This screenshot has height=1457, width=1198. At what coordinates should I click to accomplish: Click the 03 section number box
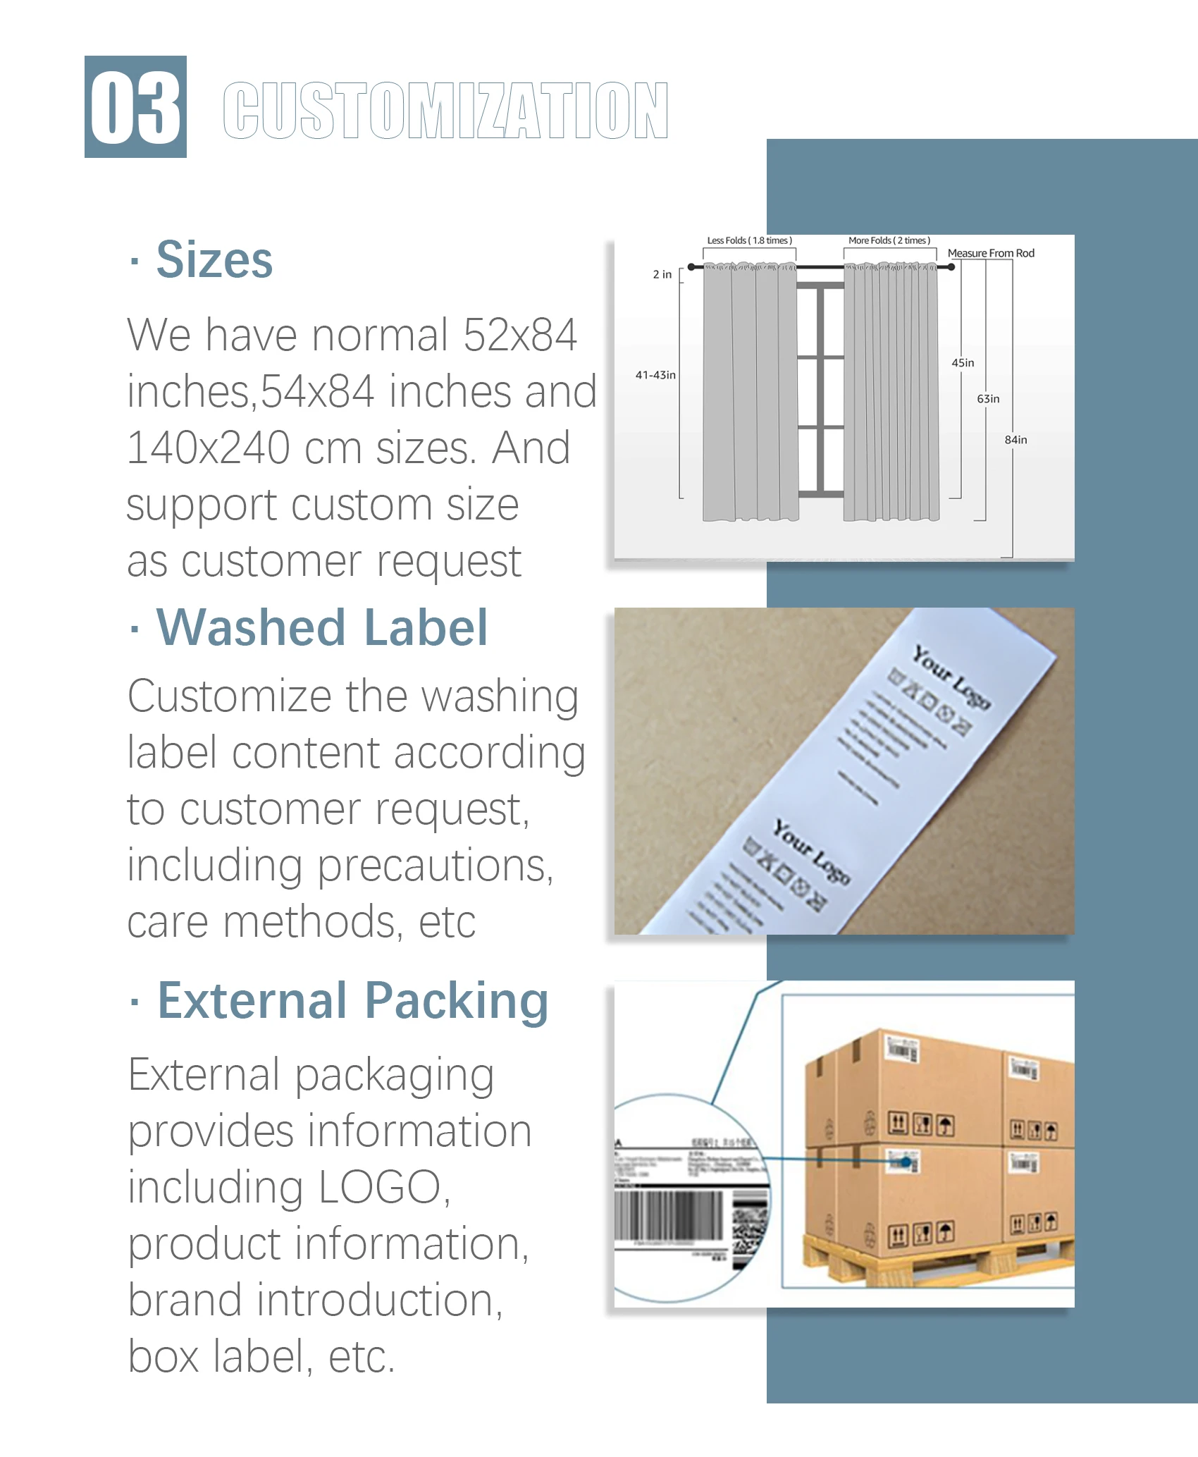click(135, 106)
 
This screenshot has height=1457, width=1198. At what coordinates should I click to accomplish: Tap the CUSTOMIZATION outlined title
click(445, 110)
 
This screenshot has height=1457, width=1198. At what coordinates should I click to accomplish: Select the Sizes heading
click(214, 259)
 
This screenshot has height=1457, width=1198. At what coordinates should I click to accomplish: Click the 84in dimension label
click(1015, 440)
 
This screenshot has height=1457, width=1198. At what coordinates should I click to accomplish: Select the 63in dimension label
click(988, 399)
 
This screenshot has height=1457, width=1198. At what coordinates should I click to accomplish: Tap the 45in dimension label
click(963, 363)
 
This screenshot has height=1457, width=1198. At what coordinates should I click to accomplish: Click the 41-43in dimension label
click(655, 375)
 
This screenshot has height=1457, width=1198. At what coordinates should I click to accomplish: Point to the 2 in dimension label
click(662, 274)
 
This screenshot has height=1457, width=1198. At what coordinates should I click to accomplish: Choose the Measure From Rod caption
click(991, 253)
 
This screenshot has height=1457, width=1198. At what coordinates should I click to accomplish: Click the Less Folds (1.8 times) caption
click(749, 240)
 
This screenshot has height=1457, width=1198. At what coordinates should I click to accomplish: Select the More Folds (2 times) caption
click(889, 240)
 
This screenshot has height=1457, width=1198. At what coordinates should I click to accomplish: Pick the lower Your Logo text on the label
click(812, 852)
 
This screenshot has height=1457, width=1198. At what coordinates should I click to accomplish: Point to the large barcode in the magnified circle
click(668, 1215)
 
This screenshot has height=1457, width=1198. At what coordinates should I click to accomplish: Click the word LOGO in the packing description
click(380, 1187)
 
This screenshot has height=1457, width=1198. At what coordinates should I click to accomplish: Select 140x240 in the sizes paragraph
click(209, 448)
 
